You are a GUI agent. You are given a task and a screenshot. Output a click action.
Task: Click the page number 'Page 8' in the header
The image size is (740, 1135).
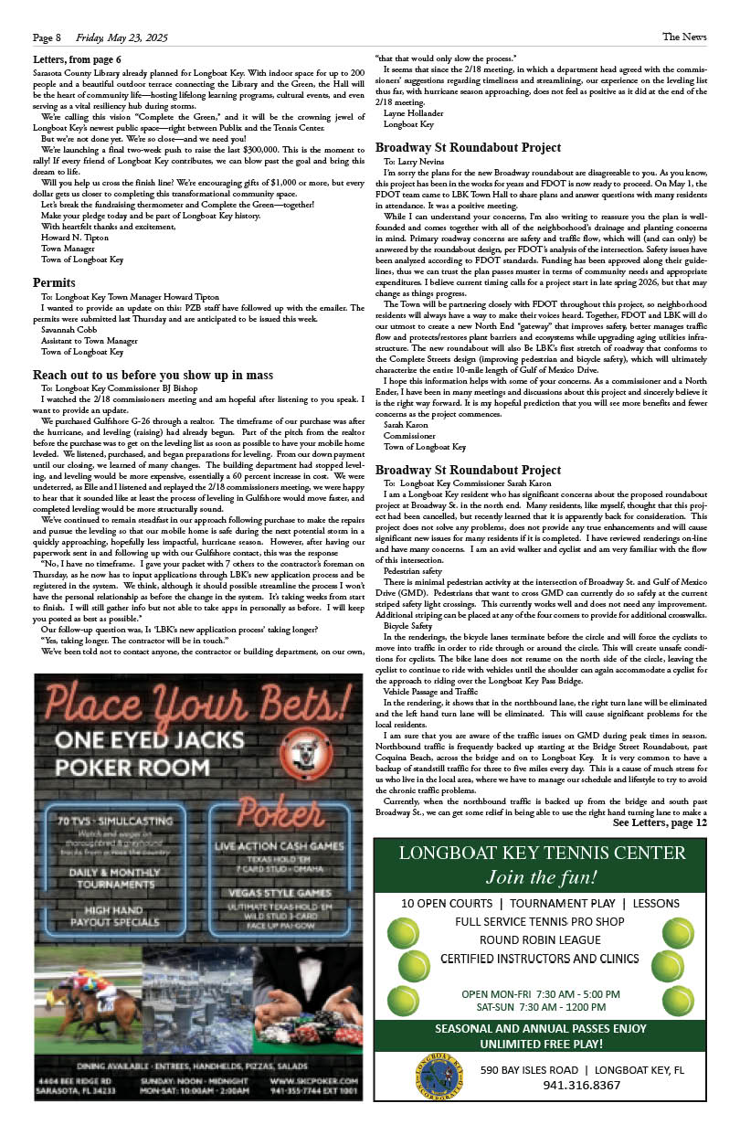pos(47,37)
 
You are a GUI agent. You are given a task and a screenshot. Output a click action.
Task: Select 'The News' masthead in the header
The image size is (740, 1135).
pos(684,37)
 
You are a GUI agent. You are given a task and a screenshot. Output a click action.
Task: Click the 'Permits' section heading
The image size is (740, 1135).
pos(53,282)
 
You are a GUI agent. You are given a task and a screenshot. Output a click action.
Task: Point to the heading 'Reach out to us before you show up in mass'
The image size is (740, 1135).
pos(153,376)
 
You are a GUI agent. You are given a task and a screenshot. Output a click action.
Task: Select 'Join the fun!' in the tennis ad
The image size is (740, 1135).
pos(542,878)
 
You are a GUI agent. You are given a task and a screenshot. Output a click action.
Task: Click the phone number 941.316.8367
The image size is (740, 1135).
pos(581,1086)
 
